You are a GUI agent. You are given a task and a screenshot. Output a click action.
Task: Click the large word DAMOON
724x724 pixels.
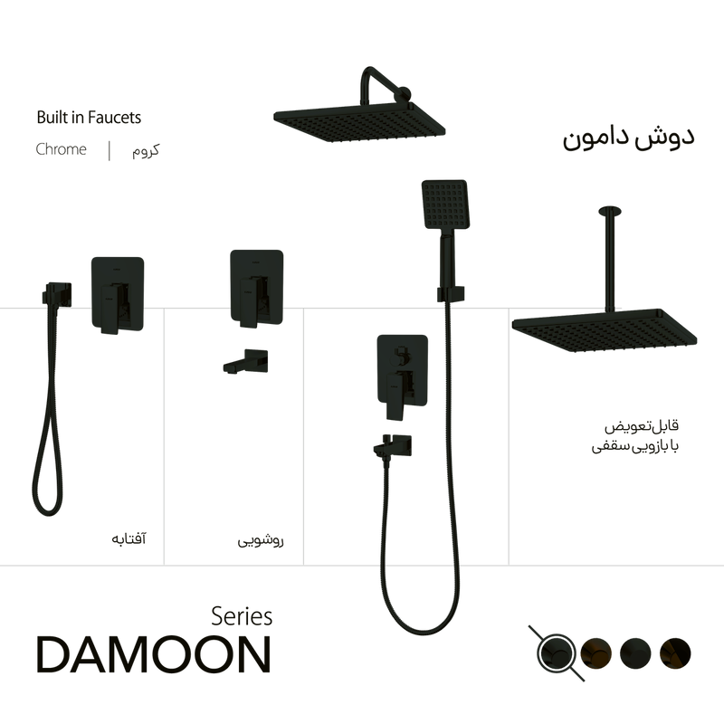click(x=152, y=654)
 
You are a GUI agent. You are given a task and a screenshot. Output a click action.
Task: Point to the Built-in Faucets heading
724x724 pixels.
click(x=89, y=117)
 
